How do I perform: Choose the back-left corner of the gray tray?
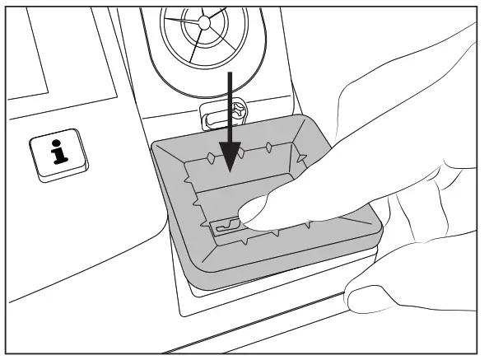(x=153, y=145)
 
